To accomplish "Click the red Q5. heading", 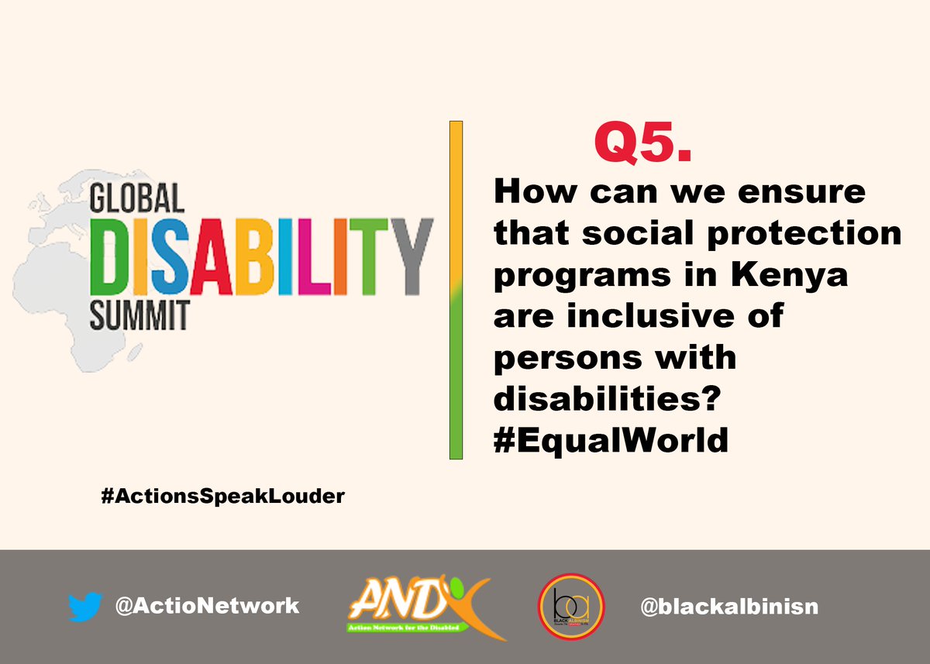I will point(642,143).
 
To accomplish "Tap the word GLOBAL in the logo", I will point(137,199).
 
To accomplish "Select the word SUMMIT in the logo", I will point(139,316).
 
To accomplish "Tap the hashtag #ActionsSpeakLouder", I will point(222,497).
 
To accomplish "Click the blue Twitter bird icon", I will point(84,607).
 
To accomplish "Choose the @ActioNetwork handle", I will point(206,606).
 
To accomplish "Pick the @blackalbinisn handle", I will point(729,607).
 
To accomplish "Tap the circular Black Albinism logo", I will point(571,607).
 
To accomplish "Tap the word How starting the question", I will point(531,191).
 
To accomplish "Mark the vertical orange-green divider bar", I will point(456,291).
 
